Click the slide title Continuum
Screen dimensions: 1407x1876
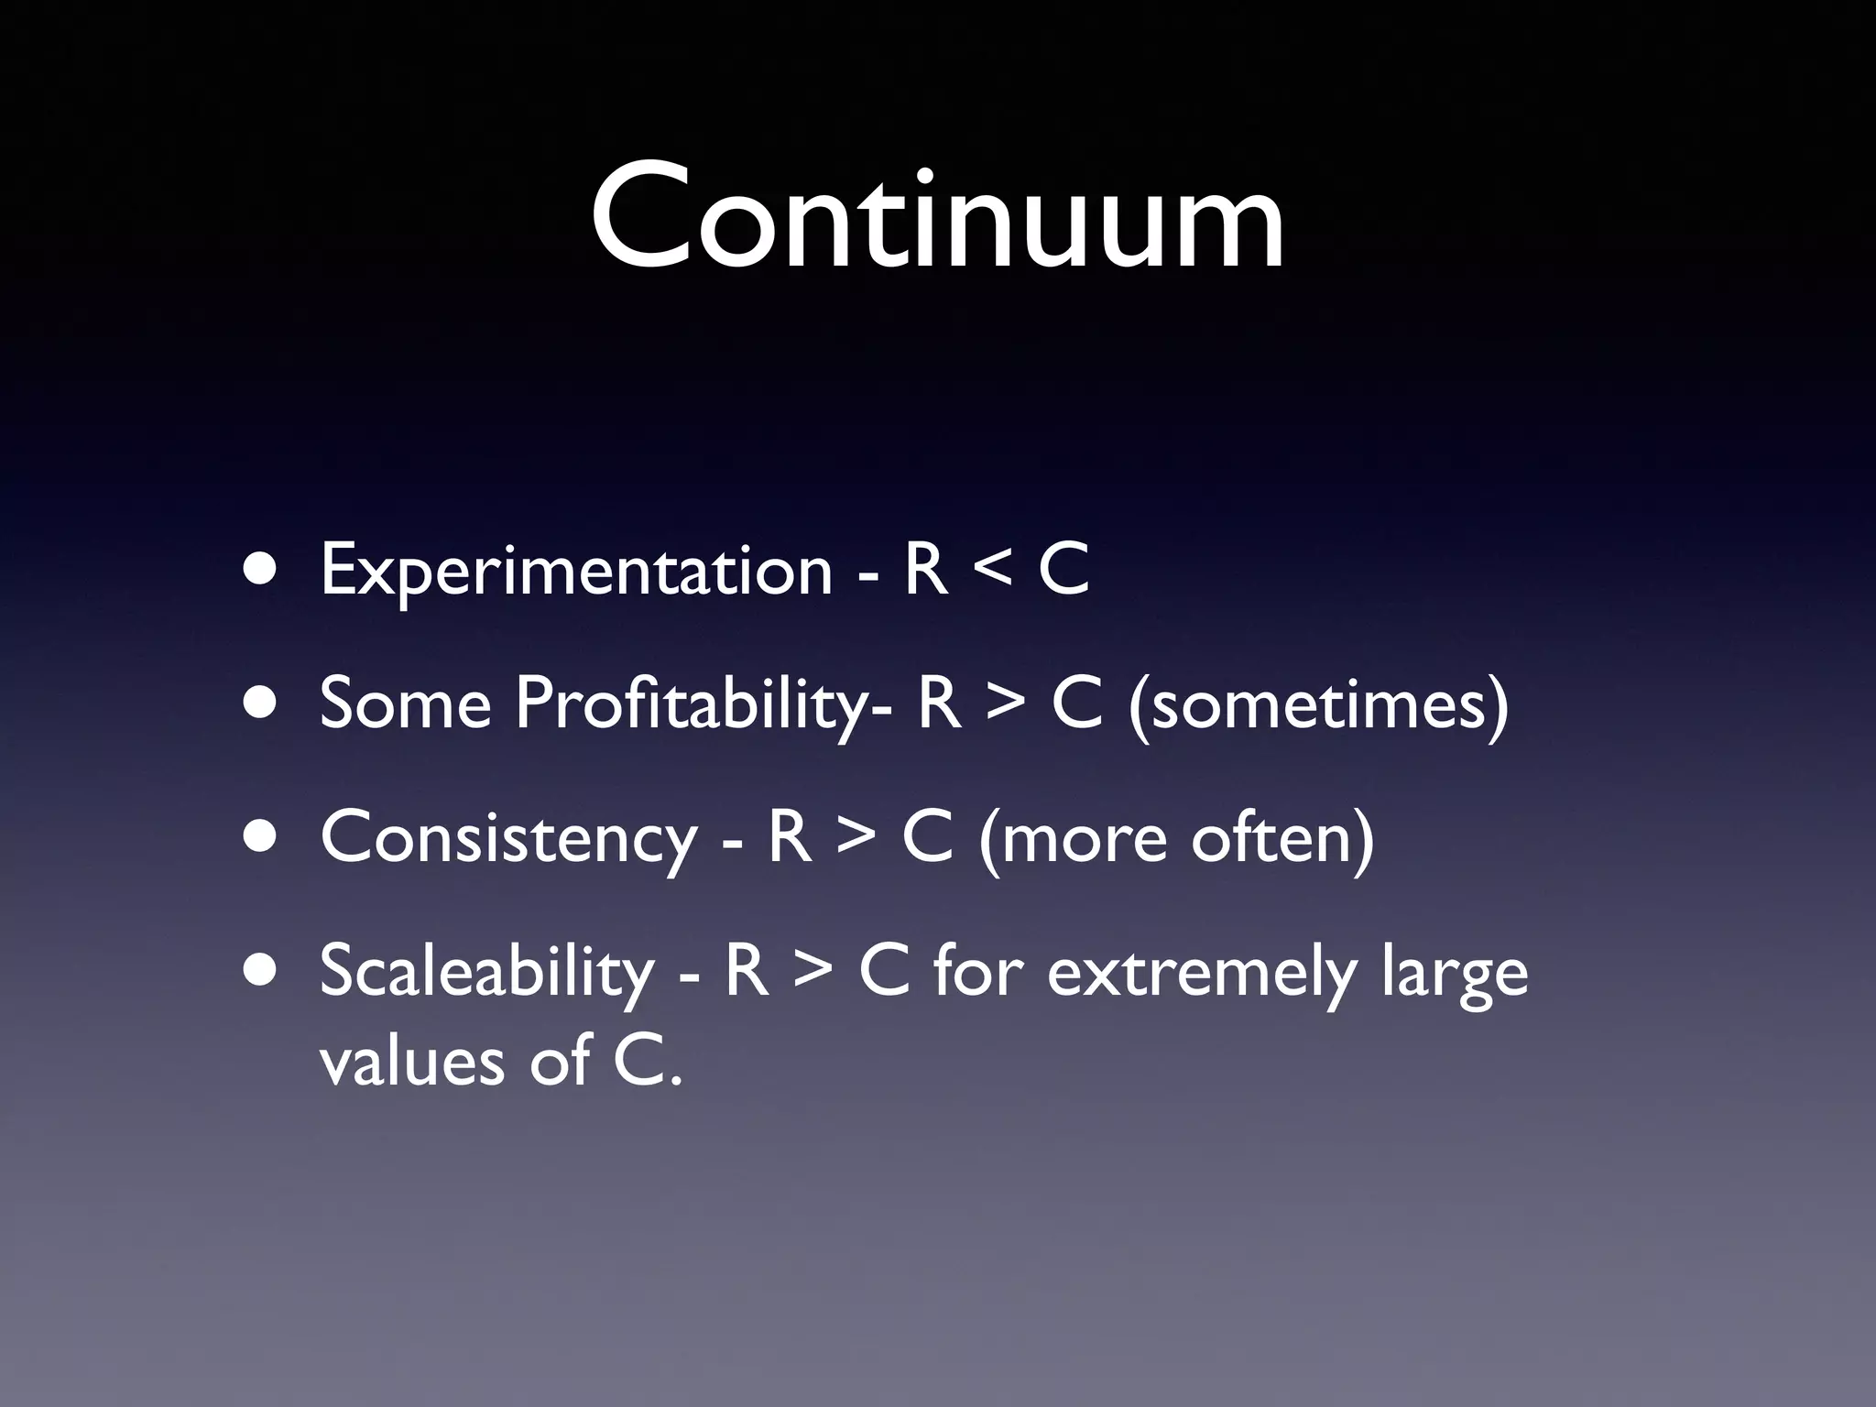point(937,218)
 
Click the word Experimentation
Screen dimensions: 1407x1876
point(576,572)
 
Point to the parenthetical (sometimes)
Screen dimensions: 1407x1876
point(1318,705)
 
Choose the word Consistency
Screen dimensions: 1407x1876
point(508,839)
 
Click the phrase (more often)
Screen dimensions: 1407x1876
point(1176,839)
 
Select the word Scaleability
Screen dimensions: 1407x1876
point(486,973)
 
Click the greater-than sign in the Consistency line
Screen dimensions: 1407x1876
point(856,837)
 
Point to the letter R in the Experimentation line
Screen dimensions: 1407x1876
point(925,570)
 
